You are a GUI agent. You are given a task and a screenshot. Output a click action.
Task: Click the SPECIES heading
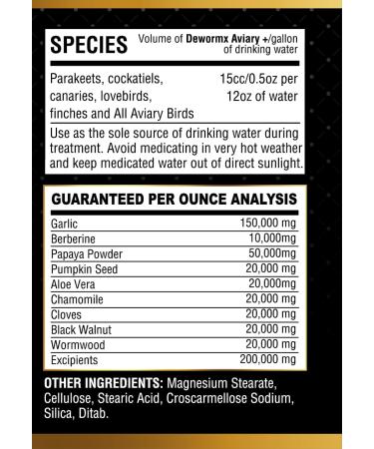coord(88,45)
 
